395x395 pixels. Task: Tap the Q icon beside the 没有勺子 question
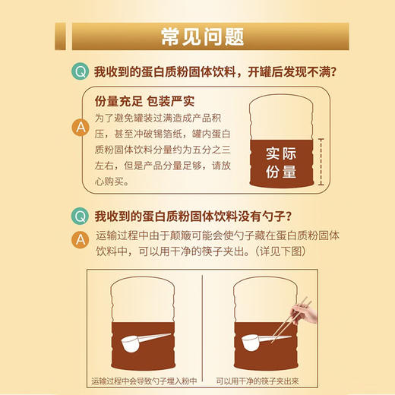click(79, 215)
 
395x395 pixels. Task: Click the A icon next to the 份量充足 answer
click(79, 128)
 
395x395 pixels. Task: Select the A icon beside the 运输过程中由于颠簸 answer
click(79, 239)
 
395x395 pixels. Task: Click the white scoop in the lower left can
click(140, 340)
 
